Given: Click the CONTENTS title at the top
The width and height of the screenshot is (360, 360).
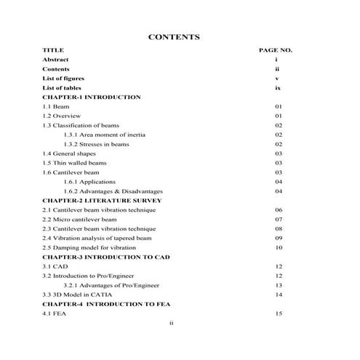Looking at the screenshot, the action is [174, 36].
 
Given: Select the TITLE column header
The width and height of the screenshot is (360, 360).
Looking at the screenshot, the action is [53, 50].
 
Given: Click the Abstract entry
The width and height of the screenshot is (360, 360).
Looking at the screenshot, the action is [57, 60].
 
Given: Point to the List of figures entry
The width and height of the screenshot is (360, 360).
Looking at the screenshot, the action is [63, 78].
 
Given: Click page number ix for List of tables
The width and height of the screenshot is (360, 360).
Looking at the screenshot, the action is [278, 87].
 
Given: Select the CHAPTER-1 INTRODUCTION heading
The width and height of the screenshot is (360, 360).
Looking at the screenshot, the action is [92, 97].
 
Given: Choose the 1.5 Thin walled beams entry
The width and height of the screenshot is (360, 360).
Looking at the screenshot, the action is [74, 163].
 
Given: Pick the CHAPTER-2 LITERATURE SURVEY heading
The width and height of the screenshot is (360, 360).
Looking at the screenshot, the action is [102, 200].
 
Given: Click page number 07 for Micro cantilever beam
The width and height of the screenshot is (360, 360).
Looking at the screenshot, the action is [279, 219].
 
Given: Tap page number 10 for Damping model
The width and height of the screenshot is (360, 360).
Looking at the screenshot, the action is [279, 247].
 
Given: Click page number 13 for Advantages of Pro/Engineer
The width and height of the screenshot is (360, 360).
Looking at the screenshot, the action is [279, 285].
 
